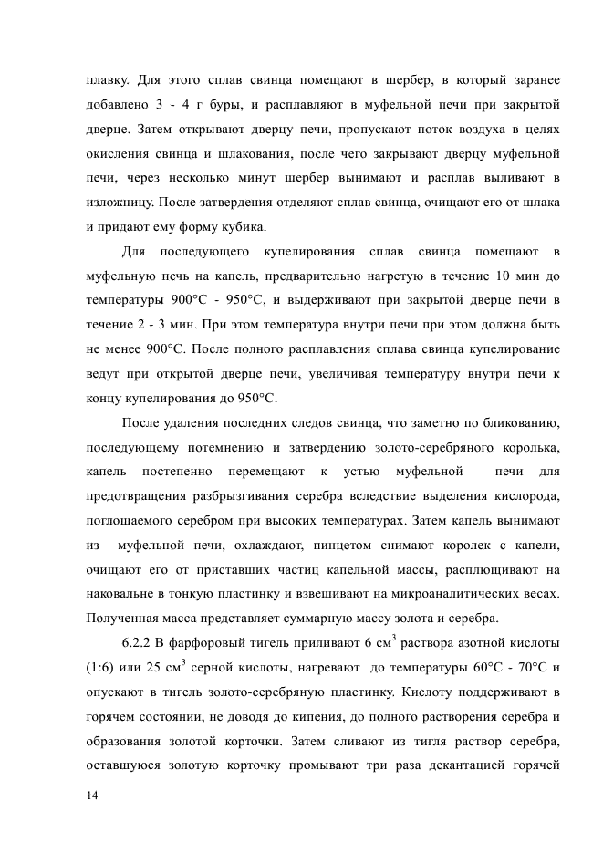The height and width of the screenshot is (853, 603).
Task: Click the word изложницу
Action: click(x=120, y=201)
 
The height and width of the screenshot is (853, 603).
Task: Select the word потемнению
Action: click(x=237, y=447)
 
